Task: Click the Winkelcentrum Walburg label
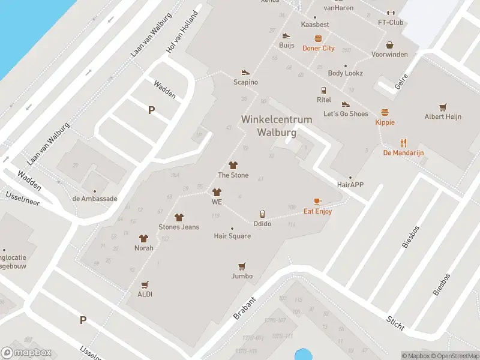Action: click(x=277, y=125)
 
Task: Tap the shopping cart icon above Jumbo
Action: click(x=242, y=266)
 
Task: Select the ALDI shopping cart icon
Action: click(x=144, y=284)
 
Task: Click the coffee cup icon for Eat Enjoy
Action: click(x=317, y=201)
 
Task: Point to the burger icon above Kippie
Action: click(x=385, y=112)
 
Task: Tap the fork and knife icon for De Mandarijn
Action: click(x=404, y=143)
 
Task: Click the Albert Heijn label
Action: click(x=443, y=117)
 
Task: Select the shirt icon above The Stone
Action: click(x=233, y=165)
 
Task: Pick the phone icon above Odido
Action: click(x=262, y=214)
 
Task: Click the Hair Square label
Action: click(x=232, y=236)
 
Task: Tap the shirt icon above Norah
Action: click(x=143, y=238)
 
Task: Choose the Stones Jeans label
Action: click(x=179, y=227)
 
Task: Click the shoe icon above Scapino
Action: click(x=245, y=72)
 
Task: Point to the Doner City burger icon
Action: click(x=318, y=38)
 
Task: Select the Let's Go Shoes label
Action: click(x=346, y=114)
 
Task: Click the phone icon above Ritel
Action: click(x=324, y=90)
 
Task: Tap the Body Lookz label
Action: click(x=345, y=73)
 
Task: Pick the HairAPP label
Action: click(x=350, y=185)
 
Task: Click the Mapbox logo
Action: click(x=25, y=353)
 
